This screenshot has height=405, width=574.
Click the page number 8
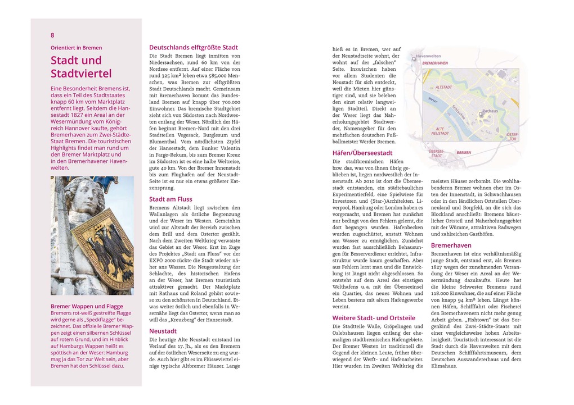[53, 35]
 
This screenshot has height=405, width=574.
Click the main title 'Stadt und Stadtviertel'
[81, 67]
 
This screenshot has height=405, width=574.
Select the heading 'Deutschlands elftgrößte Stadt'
[193, 48]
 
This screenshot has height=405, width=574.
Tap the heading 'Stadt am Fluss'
[171, 199]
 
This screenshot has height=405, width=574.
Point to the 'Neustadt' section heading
[163, 331]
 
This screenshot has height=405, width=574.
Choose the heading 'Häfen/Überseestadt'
[362, 153]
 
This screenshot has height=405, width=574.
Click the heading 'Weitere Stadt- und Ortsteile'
[374, 318]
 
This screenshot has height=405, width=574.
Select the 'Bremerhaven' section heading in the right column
[451, 245]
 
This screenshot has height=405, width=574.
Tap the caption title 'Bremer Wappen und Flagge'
[87, 307]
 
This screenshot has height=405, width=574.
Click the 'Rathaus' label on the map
[490, 111]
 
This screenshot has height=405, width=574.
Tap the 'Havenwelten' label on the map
[428, 56]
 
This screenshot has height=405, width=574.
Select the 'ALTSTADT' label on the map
[444, 88]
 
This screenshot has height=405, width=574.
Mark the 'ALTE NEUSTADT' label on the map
[440, 131]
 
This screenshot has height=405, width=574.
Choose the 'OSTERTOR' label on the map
[512, 137]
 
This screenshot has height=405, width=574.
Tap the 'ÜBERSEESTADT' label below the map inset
[436, 153]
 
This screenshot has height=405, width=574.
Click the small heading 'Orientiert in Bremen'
[77, 48]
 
